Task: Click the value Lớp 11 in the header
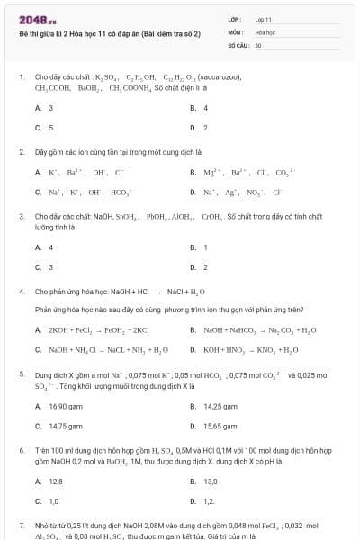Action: (x=263, y=18)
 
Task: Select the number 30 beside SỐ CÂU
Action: (x=258, y=44)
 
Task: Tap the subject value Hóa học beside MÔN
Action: (x=265, y=31)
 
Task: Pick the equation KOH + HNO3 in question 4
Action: (x=250, y=350)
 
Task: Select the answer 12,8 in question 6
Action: (x=55, y=481)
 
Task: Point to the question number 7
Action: (x=22, y=524)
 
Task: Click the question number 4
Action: (x=22, y=292)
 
